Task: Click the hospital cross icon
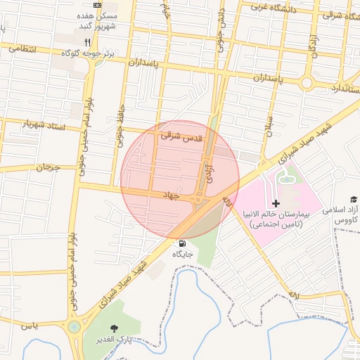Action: point(276,202)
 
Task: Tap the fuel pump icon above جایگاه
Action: point(182,243)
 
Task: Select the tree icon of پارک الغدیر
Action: point(113,328)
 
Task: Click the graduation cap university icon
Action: point(354,200)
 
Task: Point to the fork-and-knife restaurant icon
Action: point(87,41)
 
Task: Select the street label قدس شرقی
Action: point(181,136)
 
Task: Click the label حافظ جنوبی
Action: point(120,126)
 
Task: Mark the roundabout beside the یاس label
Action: point(75,326)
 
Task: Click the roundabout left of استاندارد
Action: point(307,83)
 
